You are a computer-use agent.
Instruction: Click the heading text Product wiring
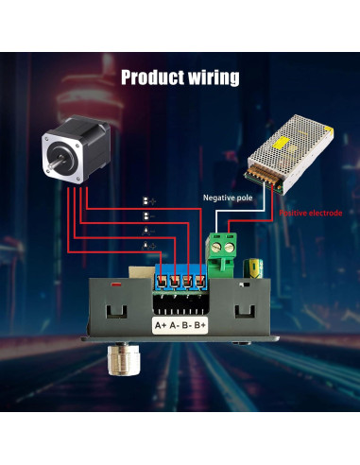(180, 77)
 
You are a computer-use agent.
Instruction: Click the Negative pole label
(228, 197)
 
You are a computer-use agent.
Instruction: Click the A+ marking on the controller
(160, 326)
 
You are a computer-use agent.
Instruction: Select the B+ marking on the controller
(201, 326)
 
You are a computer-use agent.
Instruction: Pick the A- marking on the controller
(174, 326)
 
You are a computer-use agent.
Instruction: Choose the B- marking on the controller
(187, 326)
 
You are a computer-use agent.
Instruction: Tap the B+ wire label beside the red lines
(147, 200)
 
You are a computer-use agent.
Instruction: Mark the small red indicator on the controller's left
(114, 283)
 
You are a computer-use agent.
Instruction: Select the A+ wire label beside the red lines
(147, 245)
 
